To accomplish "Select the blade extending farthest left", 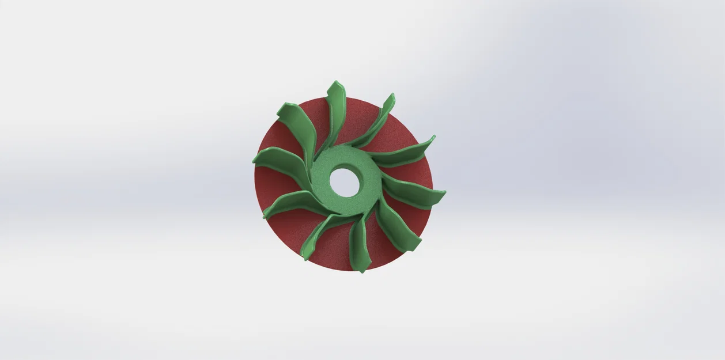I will [x=280, y=162].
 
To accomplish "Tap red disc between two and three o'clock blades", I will [x=412, y=173].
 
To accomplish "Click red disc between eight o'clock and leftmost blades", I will [x=271, y=184].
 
